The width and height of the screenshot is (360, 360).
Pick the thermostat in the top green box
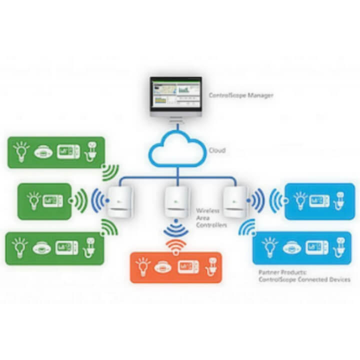68,152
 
